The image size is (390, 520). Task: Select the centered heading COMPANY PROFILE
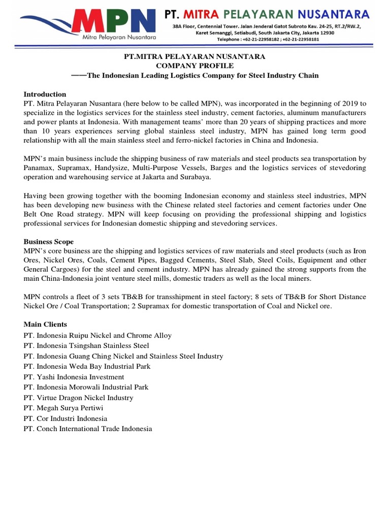pyautogui.click(x=195, y=66)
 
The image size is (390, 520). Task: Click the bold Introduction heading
pyautogui.click(x=45, y=94)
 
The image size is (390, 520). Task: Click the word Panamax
pyautogui.click(x=39, y=168)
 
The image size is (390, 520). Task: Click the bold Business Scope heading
pyautogui.click(x=48, y=241)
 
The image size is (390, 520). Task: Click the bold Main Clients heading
pyautogui.click(x=45, y=324)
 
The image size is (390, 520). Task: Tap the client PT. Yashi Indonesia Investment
pyautogui.click(x=74, y=377)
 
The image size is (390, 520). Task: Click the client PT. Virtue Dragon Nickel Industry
pyautogui.click(x=78, y=398)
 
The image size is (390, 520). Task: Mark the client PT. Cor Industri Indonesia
pyautogui.click(x=65, y=418)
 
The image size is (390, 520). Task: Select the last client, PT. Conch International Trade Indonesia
pyautogui.click(x=87, y=429)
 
